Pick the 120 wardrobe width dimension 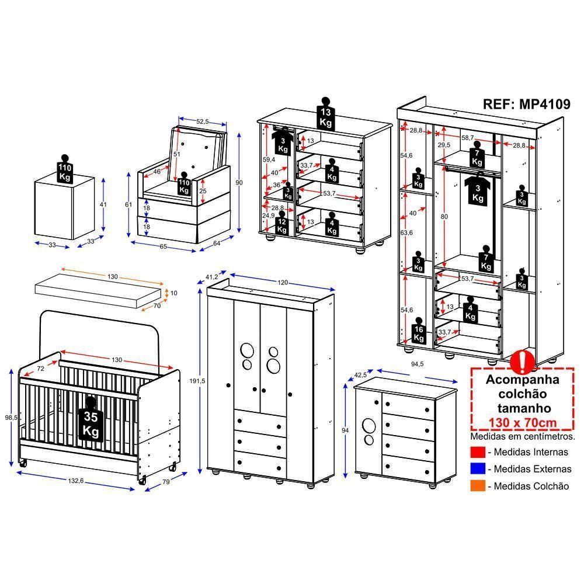pos(283,283)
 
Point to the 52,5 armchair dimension pos(202,121)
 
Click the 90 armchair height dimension pos(239,183)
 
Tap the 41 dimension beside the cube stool pos(103,204)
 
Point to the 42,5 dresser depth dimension pos(361,374)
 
